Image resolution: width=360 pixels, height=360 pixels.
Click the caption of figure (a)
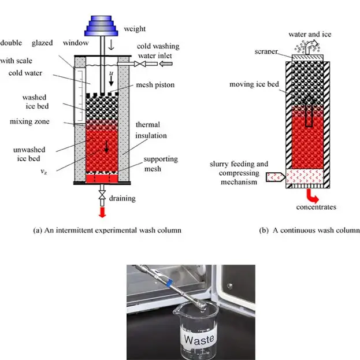point(107,230)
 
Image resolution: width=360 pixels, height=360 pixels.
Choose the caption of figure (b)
point(309,230)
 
